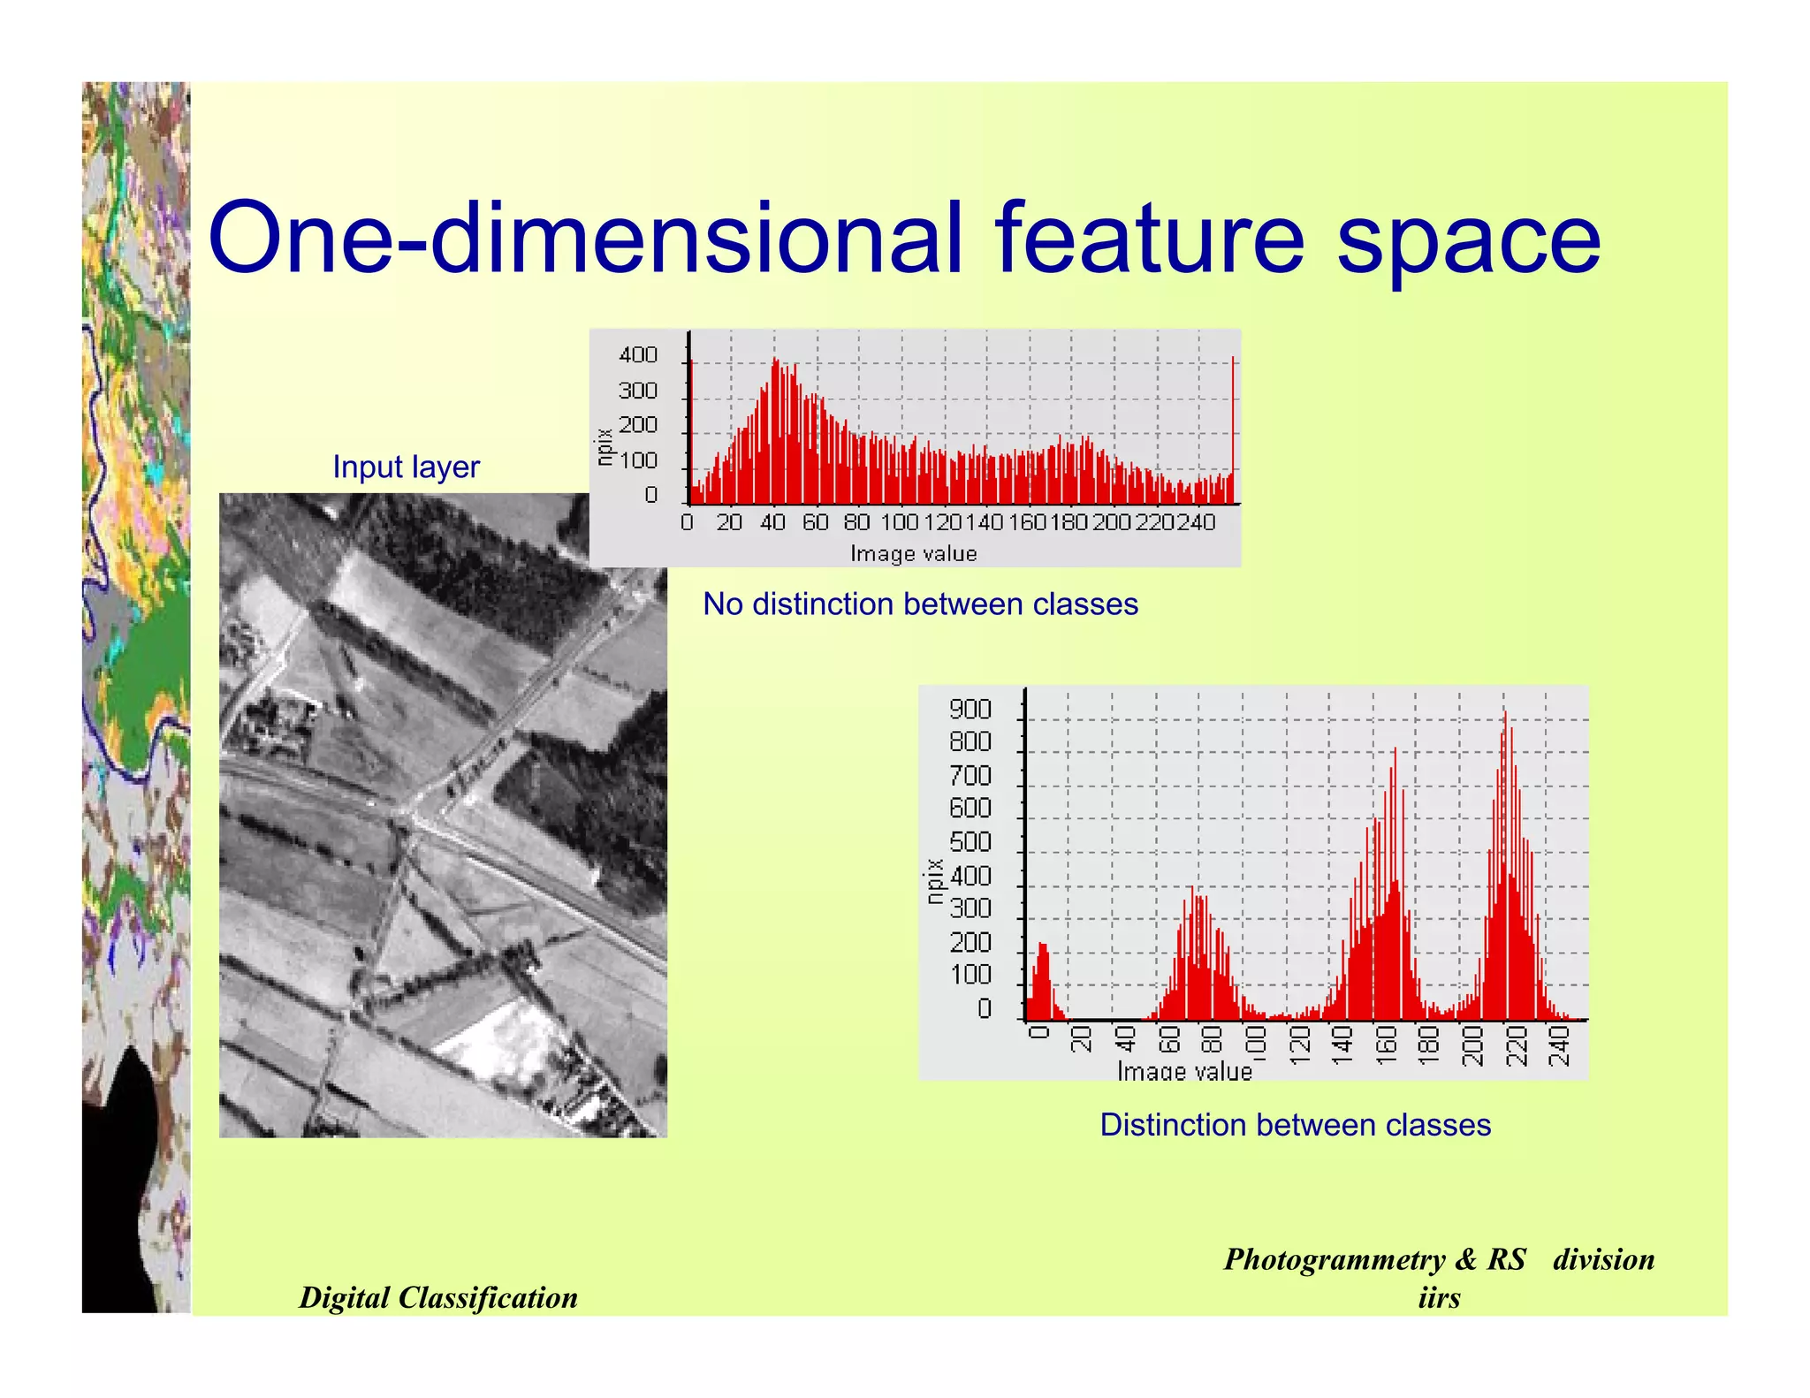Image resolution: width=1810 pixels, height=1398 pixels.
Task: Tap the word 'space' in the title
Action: [x=1468, y=243]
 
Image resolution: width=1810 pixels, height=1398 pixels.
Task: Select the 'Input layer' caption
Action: [x=406, y=467]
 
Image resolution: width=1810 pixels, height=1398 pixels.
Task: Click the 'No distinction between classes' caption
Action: [x=920, y=604]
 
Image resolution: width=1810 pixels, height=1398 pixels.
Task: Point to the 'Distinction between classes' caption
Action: [x=1295, y=1125]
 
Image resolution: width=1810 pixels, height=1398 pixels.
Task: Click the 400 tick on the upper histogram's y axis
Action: [x=638, y=355]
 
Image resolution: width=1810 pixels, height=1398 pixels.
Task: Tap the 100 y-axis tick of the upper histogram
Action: [x=638, y=460]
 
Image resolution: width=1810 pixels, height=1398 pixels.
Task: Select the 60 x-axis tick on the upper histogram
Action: [x=815, y=522]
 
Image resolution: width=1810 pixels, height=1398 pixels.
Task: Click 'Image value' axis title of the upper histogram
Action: [x=913, y=554]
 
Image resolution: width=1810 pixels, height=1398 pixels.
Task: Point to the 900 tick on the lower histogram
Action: [x=970, y=709]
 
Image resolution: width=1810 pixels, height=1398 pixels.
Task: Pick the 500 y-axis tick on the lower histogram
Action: [x=970, y=842]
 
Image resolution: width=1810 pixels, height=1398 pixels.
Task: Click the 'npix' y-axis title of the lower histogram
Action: [x=934, y=881]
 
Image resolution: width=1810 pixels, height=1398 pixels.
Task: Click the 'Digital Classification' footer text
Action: [x=438, y=1297]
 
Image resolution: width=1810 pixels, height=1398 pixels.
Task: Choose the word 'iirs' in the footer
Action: [x=1439, y=1297]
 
